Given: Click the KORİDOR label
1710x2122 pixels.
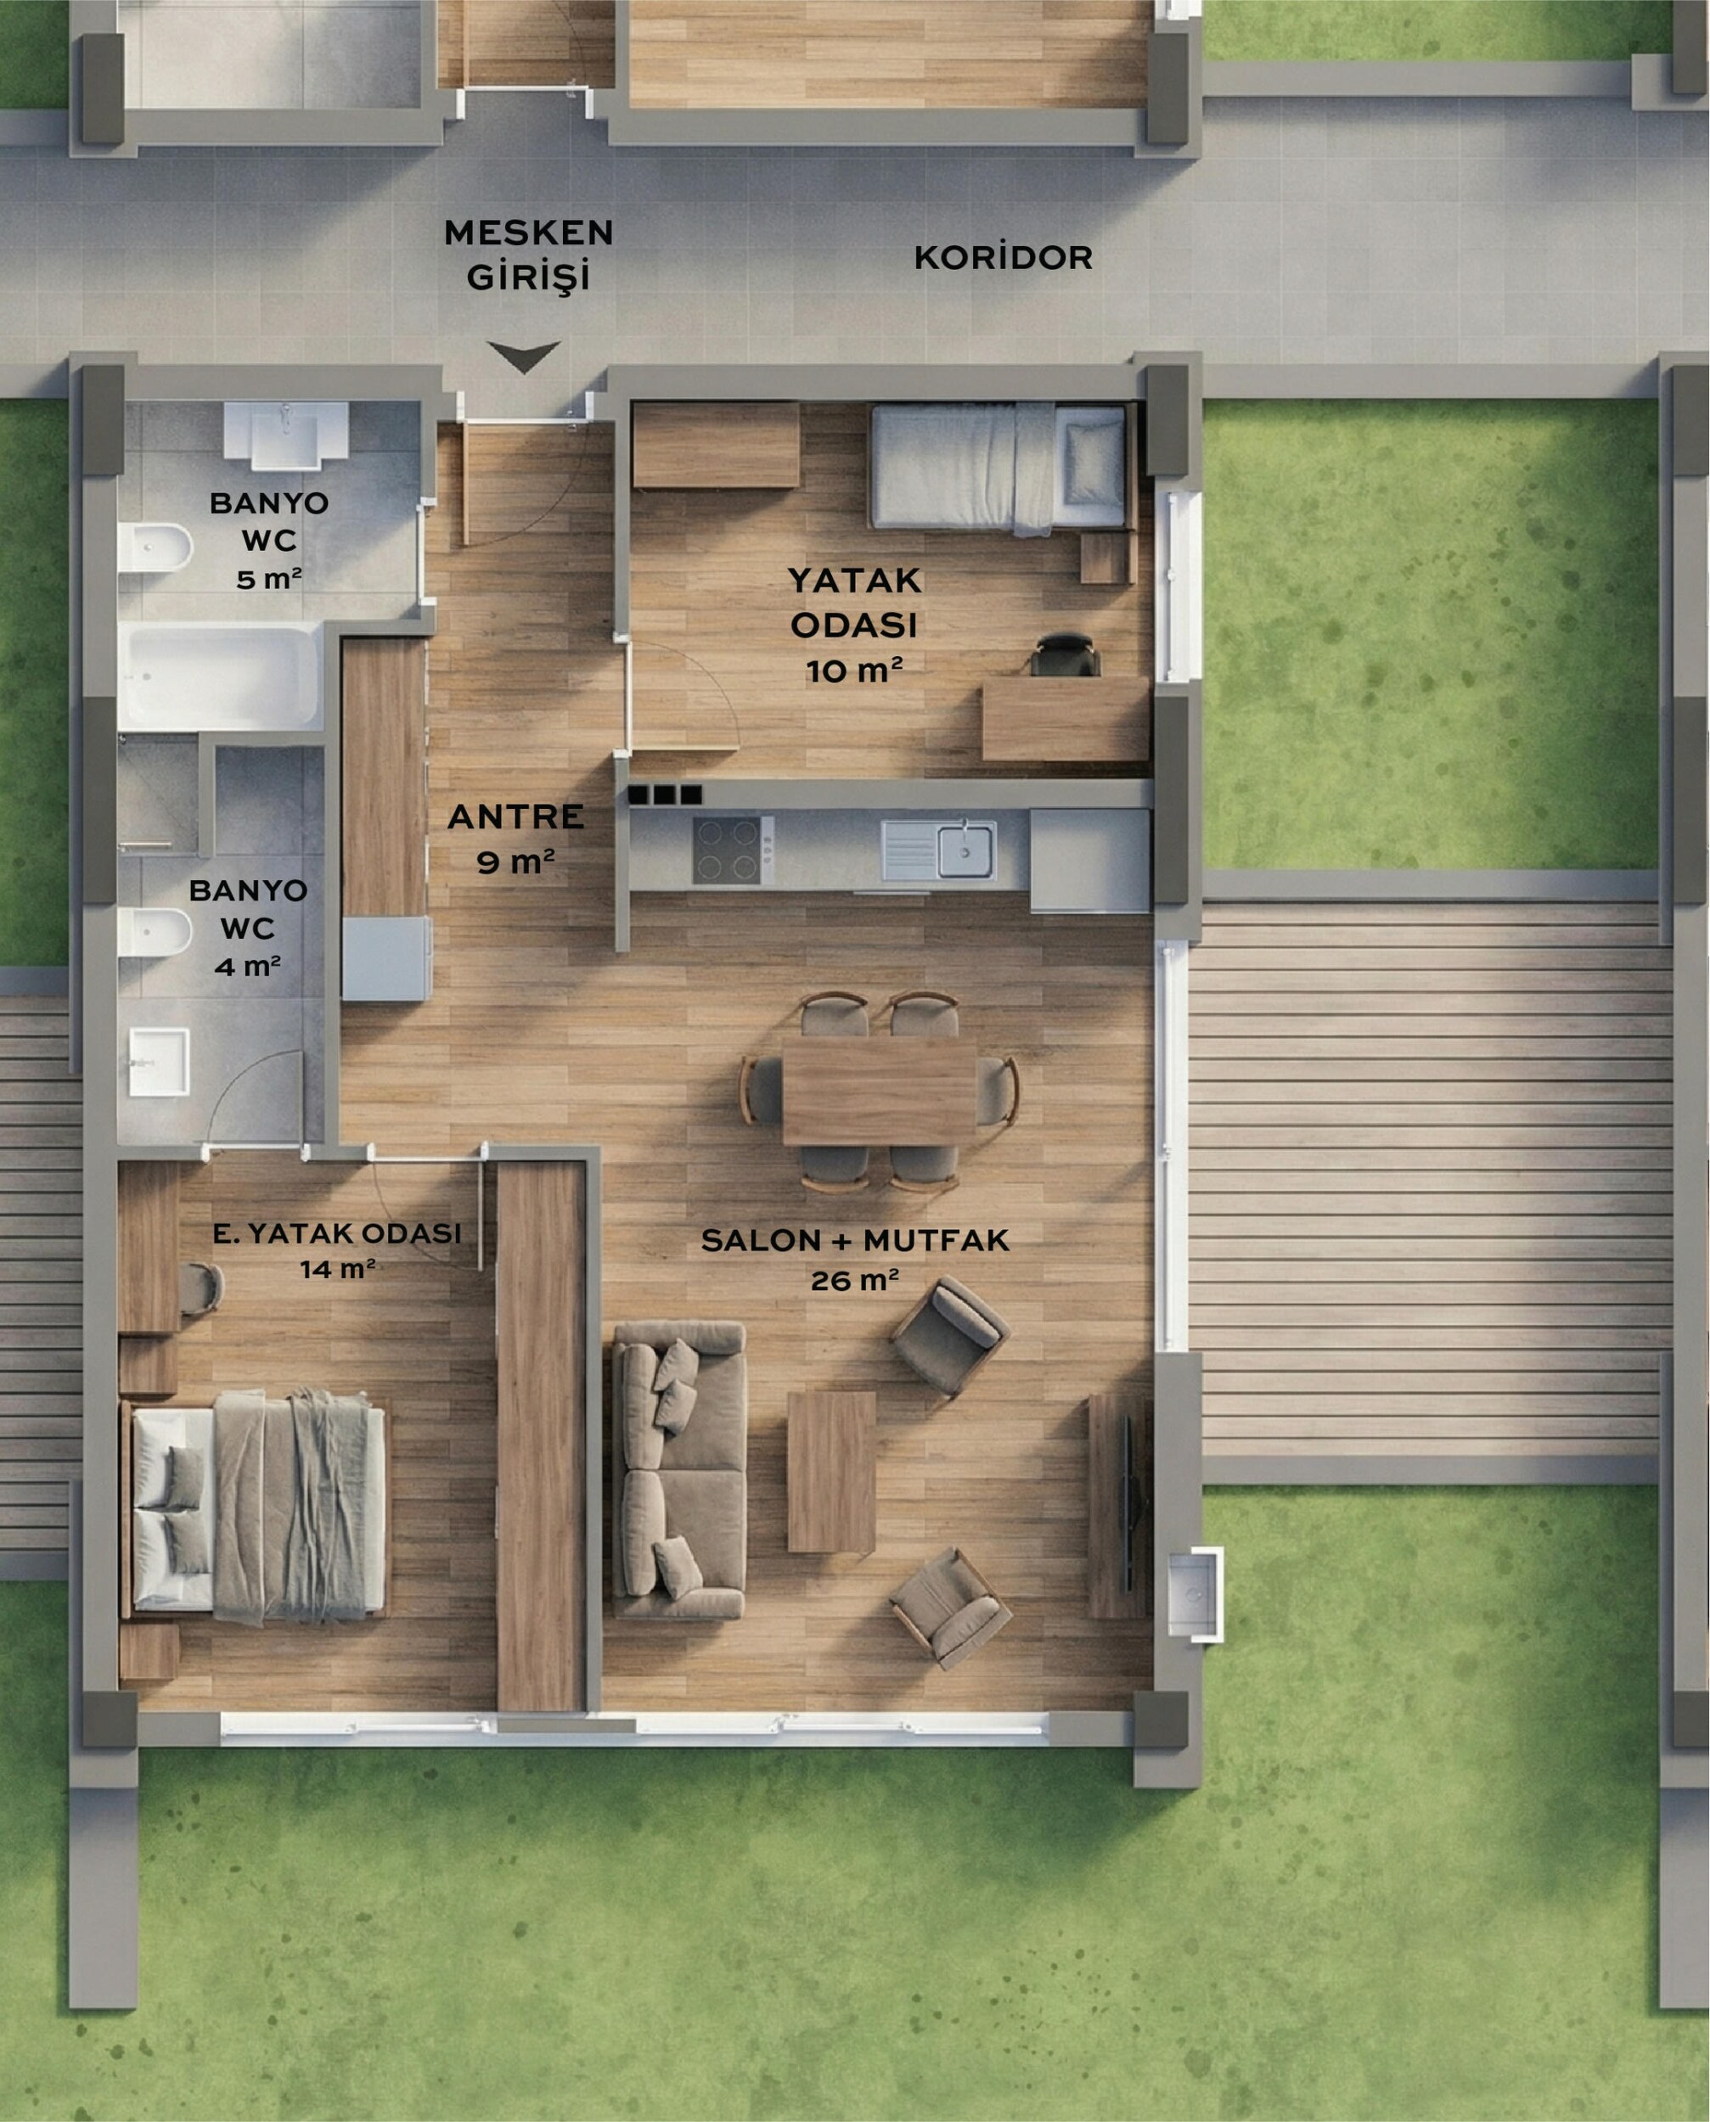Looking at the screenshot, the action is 1003,257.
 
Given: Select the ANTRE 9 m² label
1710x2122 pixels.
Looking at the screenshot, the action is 516,838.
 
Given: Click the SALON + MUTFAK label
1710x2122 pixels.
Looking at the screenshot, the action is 855,1240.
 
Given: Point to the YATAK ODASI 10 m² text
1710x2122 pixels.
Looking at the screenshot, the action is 854,624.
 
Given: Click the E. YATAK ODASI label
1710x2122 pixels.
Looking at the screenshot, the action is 337,1232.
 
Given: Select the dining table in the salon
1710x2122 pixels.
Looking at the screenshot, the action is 880,1091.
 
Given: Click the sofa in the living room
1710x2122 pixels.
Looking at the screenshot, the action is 678,1469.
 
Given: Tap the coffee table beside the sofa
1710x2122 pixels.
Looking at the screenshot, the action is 831,1471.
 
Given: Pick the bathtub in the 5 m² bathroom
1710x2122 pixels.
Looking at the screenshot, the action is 220,676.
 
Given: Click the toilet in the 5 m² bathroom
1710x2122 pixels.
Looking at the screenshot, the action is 155,547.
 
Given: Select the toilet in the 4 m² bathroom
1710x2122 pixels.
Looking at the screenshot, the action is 155,931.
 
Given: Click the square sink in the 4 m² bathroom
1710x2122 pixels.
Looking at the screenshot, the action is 159,1063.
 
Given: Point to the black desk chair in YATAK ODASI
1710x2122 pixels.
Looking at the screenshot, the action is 1065,654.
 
